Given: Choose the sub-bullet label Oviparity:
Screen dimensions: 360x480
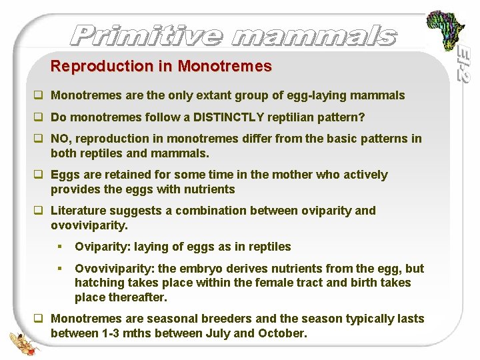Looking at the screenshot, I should (103, 247).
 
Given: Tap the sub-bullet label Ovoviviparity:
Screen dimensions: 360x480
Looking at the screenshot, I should (115, 269).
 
